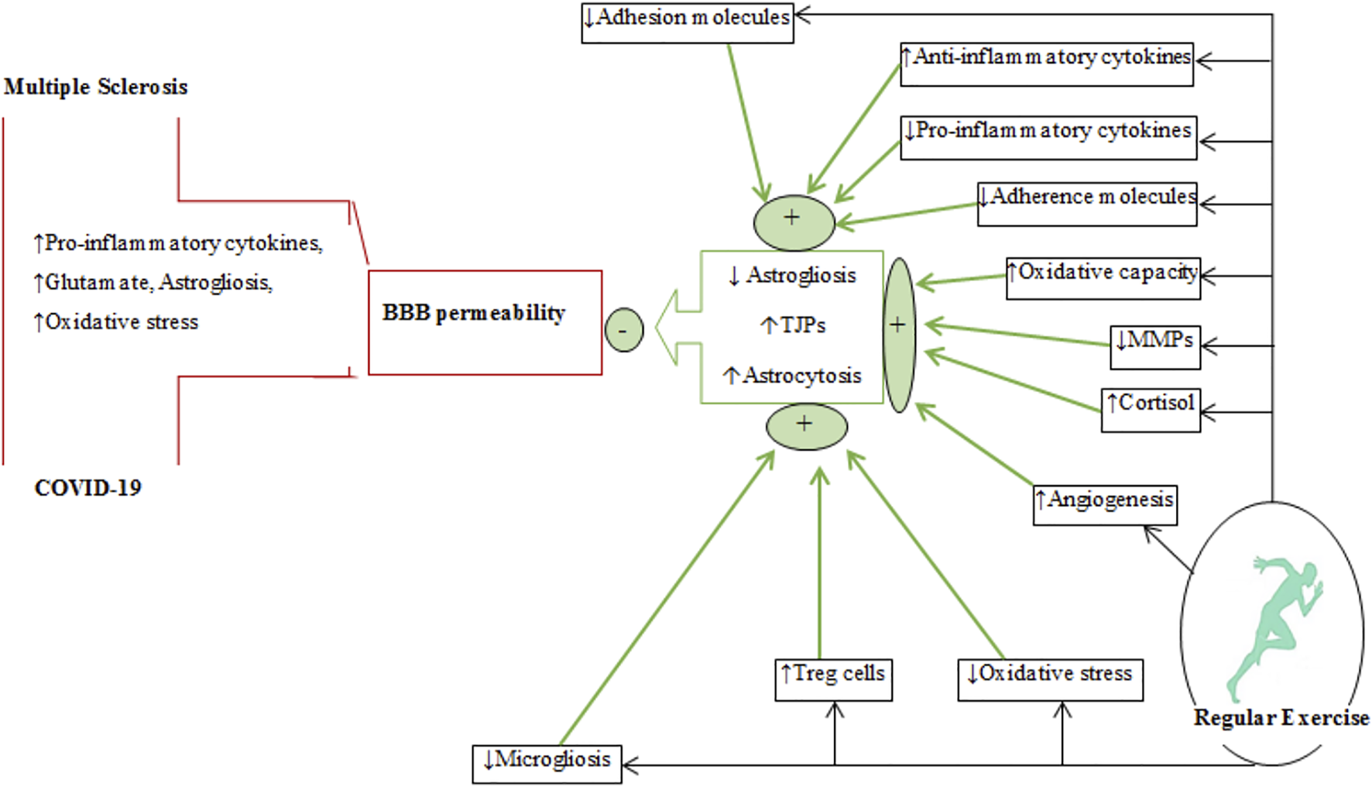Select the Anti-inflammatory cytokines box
click(x=1047, y=64)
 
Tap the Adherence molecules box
click(x=1087, y=204)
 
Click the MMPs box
click(x=1155, y=347)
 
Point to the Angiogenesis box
click(x=1105, y=505)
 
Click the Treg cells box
click(x=833, y=679)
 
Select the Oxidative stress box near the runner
click(x=1050, y=679)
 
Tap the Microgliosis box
click(x=547, y=764)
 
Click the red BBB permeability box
click(x=485, y=322)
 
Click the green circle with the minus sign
click(x=624, y=330)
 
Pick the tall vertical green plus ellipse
click(x=898, y=335)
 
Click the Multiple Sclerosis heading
click(x=96, y=87)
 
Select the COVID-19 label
click(x=88, y=488)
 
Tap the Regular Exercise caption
click(x=1281, y=718)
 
